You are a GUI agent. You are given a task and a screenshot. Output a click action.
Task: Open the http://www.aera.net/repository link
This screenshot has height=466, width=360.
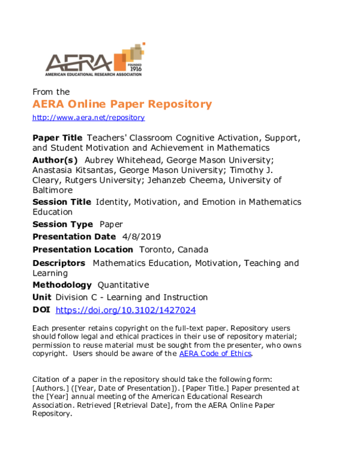pos(88,118)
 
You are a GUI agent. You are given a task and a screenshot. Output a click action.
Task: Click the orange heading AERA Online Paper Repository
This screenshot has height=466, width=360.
pos(122,104)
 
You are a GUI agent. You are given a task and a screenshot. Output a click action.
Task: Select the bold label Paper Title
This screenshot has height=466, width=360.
pos(57,138)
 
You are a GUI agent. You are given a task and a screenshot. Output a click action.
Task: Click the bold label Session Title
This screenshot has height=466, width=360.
pos(62,202)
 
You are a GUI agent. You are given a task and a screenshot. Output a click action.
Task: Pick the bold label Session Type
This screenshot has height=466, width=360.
pos(62,224)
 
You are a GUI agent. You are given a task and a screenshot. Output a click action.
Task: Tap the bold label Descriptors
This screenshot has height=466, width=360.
pos(59,263)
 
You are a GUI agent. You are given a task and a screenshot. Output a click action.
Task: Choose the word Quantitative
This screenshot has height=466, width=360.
pos(123,285)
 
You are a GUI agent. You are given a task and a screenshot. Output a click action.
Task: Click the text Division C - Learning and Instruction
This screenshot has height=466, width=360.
pos(131,297)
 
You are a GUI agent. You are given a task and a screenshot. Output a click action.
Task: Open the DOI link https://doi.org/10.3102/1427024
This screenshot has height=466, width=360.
pos(125,310)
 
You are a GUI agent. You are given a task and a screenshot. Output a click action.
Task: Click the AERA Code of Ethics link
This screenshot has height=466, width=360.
pos(215,354)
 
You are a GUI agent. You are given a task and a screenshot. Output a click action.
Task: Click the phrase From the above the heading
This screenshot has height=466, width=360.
pos(51,92)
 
